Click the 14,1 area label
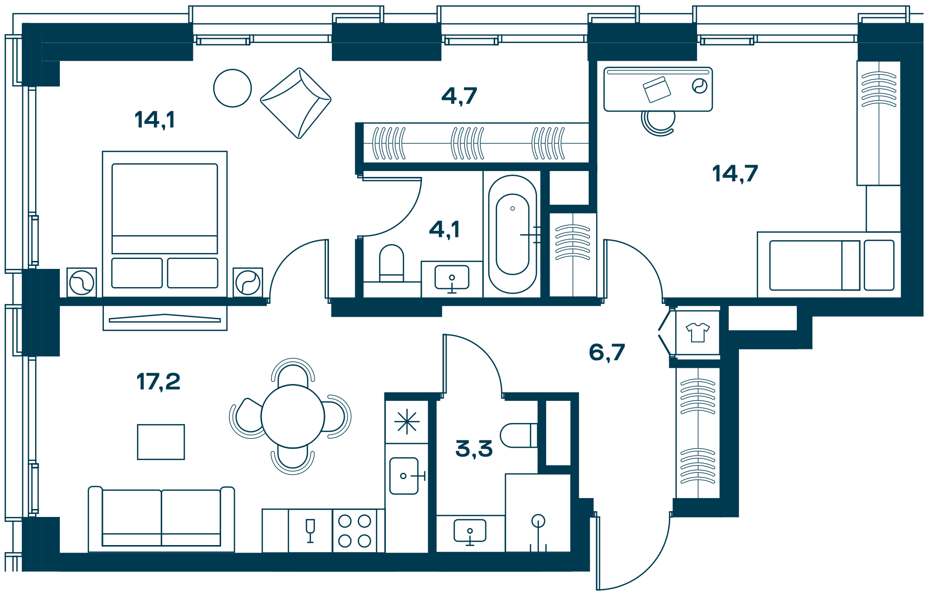[x=154, y=120]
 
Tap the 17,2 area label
[x=158, y=382]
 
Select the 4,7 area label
[x=459, y=96]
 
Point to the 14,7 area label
[x=735, y=173]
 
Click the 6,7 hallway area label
[x=607, y=352]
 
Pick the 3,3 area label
[x=474, y=449]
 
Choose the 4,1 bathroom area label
[x=445, y=229]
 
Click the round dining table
[x=293, y=417]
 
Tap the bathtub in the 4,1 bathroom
[x=512, y=234]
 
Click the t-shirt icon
[x=698, y=332]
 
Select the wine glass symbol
[x=310, y=531]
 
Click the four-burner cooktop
[x=355, y=531]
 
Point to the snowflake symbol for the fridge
[x=407, y=422]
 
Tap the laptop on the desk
[x=657, y=89]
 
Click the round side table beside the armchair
[x=232, y=88]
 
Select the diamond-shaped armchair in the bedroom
[x=296, y=103]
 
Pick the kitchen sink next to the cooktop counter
[x=404, y=476]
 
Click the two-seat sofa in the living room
[x=161, y=519]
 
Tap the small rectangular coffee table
[x=161, y=442]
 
